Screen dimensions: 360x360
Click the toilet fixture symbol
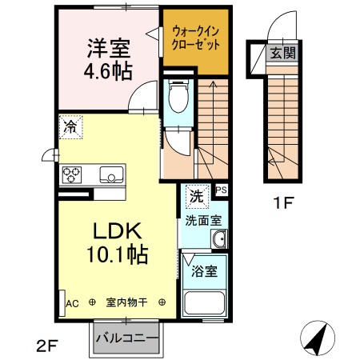tap(178, 98)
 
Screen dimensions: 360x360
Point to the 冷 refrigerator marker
tap(70, 126)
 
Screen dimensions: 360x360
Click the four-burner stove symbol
tap(70, 174)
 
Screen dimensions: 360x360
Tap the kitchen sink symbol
tap(110, 174)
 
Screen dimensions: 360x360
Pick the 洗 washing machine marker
tap(196, 195)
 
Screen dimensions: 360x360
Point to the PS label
tap(221, 190)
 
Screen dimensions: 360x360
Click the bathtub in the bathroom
tap(205, 305)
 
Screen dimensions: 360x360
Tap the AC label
tap(72, 303)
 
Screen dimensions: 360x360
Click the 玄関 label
tap(281, 53)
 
